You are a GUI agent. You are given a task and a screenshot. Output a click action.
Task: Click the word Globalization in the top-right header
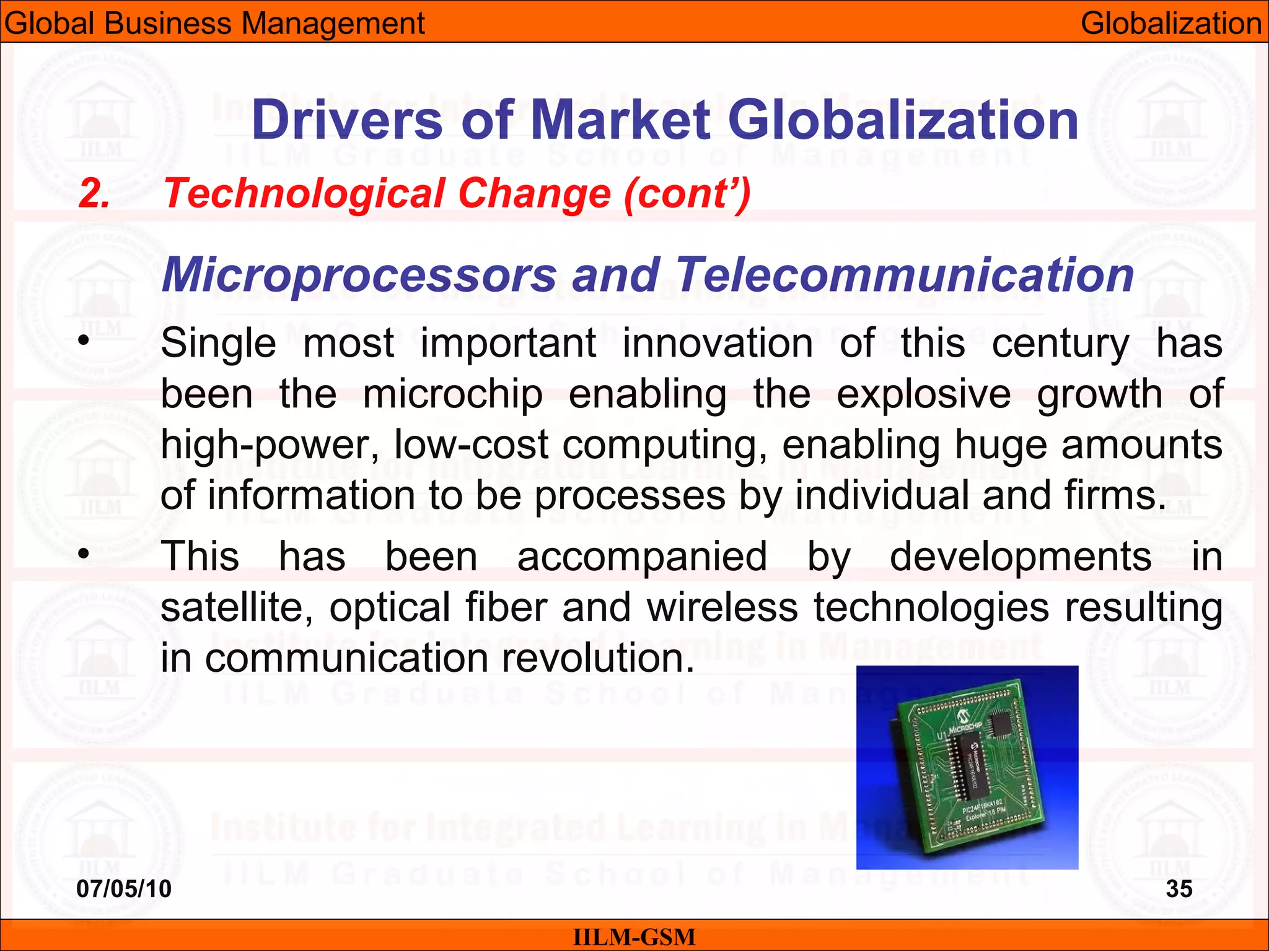1170,24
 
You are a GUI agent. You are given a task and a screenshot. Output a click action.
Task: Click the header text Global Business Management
214,24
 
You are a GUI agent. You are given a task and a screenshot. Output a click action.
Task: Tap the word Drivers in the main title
347,120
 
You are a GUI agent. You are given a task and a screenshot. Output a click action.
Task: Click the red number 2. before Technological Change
94,194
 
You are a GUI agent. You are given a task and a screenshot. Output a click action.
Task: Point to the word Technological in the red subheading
304,194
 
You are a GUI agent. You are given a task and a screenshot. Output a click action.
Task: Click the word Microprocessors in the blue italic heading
359,275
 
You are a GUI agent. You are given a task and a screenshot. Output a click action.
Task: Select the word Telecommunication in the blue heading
905,275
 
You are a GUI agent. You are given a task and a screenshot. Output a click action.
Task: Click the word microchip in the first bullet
452,394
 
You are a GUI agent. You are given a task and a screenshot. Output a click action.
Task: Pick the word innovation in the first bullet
717,343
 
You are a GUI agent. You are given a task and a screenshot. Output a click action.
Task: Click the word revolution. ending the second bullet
598,658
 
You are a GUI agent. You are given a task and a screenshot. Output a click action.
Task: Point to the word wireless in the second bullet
722,607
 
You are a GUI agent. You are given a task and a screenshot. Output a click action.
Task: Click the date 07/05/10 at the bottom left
123,888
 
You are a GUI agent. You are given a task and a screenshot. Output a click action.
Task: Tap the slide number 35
1179,888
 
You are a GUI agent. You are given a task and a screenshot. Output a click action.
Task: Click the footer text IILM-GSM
634,937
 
